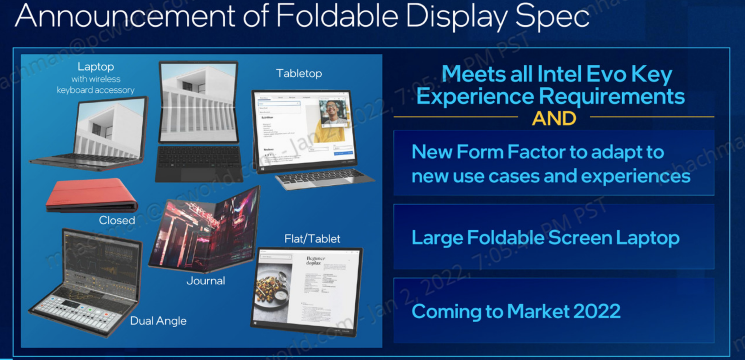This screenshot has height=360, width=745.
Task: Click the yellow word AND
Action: pyautogui.click(x=554, y=118)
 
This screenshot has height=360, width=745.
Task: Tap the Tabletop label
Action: pyautogui.click(x=298, y=73)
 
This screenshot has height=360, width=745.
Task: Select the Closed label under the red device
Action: pyautogui.click(x=117, y=220)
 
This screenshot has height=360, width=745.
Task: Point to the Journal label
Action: pyautogui.click(x=206, y=281)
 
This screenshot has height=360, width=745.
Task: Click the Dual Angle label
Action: pyautogui.click(x=158, y=321)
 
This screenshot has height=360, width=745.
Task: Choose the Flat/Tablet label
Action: pyautogui.click(x=312, y=239)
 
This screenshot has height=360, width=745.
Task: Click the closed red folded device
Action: pyautogui.click(x=90, y=195)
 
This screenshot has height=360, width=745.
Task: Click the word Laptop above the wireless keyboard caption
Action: pyautogui.click(x=96, y=67)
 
